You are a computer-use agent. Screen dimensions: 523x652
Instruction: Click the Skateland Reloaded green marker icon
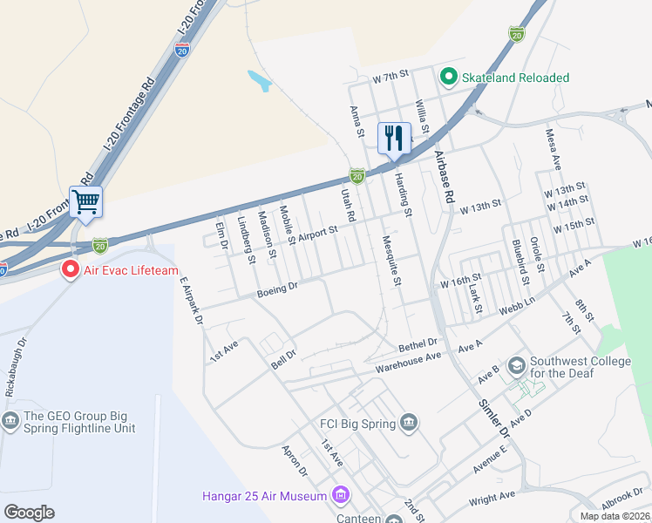click(x=449, y=78)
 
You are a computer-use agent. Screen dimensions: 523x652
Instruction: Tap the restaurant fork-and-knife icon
click(x=394, y=138)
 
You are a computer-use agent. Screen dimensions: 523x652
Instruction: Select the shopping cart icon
click(x=85, y=202)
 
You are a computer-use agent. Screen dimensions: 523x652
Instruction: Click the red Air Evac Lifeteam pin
click(x=70, y=270)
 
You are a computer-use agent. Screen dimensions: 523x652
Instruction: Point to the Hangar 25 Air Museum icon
click(x=340, y=496)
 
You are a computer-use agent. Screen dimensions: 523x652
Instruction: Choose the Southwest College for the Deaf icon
click(x=516, y=363)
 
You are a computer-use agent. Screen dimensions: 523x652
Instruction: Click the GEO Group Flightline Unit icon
click(x=11, y=423)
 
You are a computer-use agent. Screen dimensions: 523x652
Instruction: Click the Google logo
click(x=29, y=513)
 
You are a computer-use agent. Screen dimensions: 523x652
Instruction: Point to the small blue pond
click(x=259, y=81)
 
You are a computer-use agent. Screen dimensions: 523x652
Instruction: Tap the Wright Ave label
click(x=492, y=498)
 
